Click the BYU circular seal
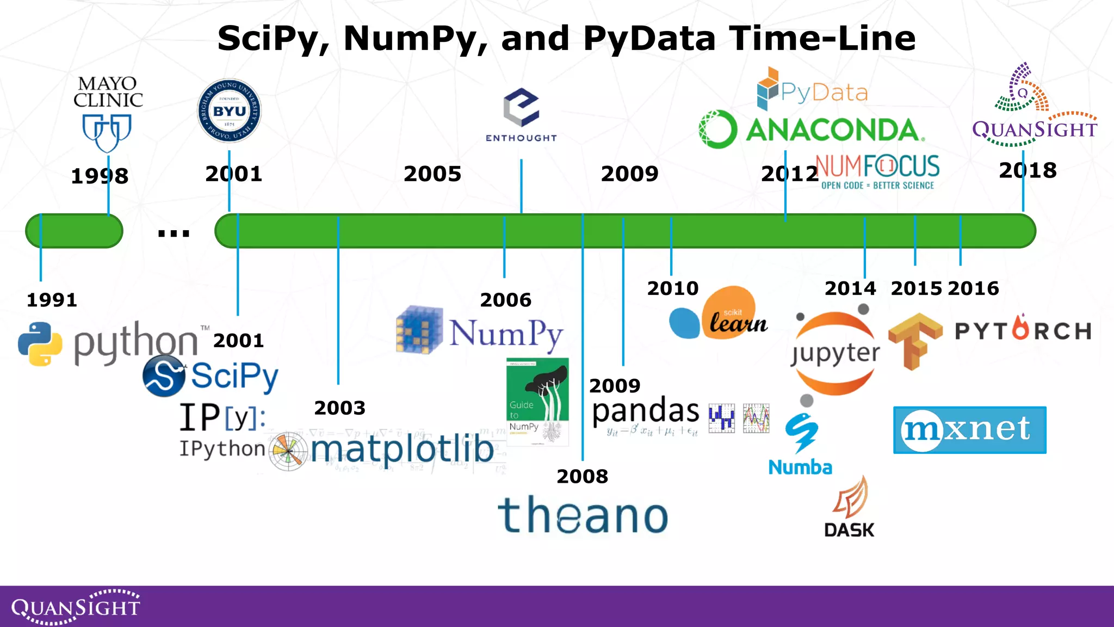click(x=229, y=111)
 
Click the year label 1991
click(x=52, y=300)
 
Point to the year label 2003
click(x=340, y=408)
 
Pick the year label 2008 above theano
click(x=582, y=476)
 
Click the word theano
click(x=583, y=515)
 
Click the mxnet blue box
click(x=969, y=429)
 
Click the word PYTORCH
click(x=1023, y=330)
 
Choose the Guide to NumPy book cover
click(x=537, y=401)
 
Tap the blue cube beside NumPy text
click(x=419, y=330)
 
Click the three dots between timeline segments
click(x=174, y=233)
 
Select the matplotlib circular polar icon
click(x=289, y=451)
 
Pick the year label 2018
click(x=1028, y=170)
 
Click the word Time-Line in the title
click(x=822, y=39)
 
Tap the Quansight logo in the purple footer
click(x=76, y=606)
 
